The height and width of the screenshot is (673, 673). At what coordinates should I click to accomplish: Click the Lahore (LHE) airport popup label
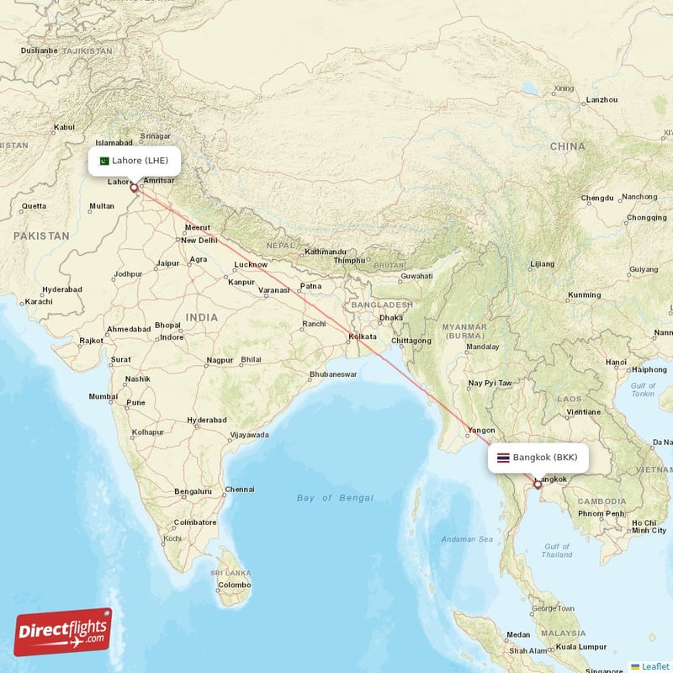click(134, 160)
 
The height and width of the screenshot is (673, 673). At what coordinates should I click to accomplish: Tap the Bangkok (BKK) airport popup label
click(538, 458)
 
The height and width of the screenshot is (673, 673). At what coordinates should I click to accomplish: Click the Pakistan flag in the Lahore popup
click(104, 161)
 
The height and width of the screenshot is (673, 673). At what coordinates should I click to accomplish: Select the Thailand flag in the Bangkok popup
click(503, 458)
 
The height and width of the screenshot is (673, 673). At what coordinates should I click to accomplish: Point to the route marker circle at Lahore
click(133, 188)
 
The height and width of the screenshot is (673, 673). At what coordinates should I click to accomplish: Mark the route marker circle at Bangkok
click(538, 485)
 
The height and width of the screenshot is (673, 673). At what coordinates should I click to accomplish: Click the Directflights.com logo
click(63, 632)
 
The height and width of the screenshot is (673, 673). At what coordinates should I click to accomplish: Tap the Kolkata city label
click(363, 337)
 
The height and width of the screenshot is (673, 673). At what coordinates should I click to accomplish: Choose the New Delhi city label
click(199, 241)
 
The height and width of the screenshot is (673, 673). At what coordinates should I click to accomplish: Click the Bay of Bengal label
click(335, 498)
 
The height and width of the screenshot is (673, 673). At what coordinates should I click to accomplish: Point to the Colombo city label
click(234, 585)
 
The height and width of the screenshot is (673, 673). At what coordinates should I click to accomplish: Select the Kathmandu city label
click(326, 252)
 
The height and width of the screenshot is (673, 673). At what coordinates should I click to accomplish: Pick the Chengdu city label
click(597, 199)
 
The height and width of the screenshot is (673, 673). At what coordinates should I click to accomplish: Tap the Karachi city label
click(39, 301)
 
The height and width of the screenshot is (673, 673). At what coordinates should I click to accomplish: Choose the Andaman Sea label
click(469, 538)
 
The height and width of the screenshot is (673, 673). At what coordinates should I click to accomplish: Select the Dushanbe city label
click(40, 50)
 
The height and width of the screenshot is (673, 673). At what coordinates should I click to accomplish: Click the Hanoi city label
click(616, 363)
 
